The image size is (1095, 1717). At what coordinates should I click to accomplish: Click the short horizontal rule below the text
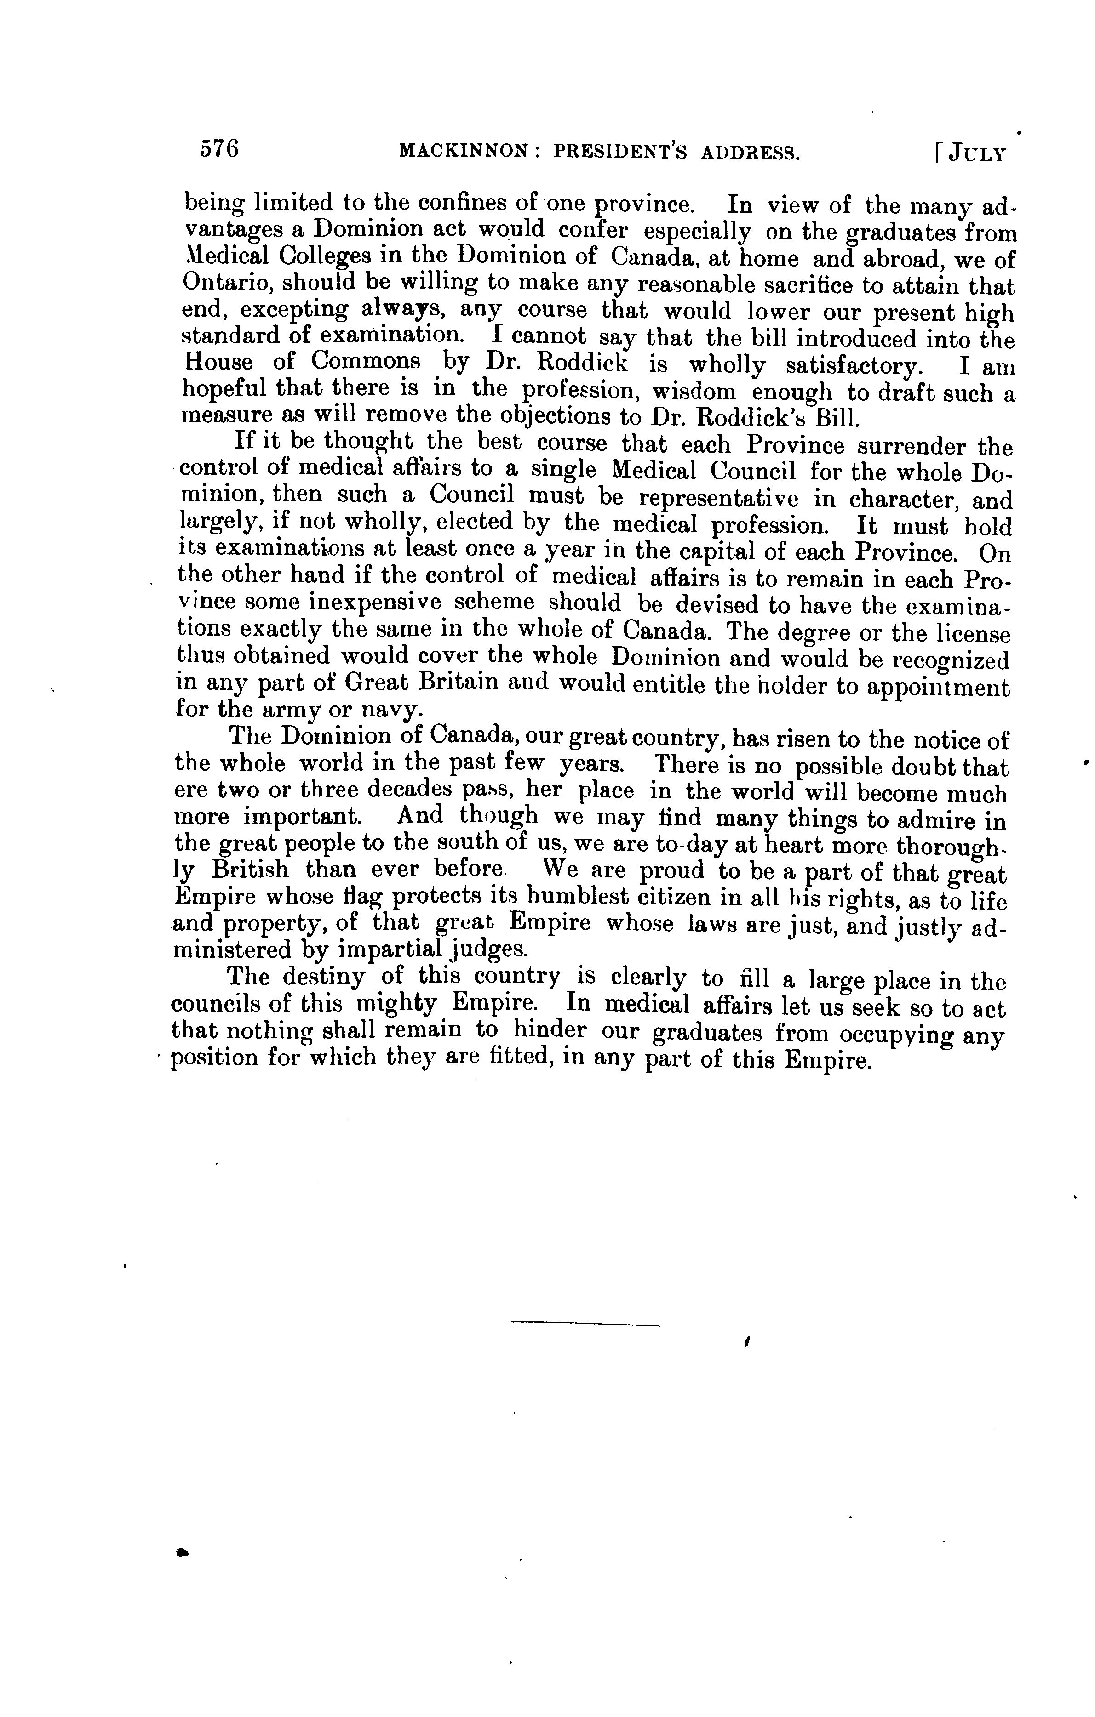coord(585,1325)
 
